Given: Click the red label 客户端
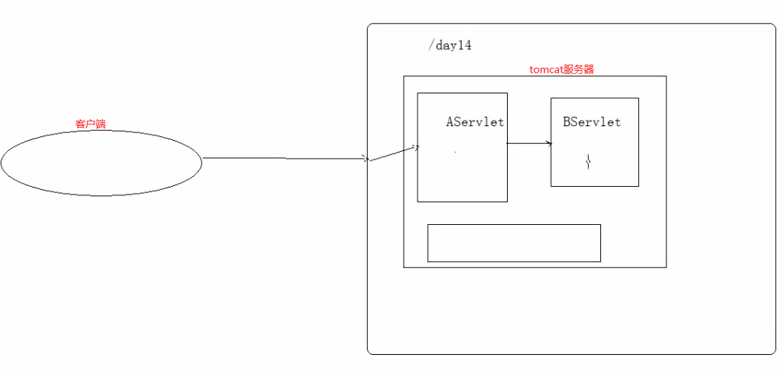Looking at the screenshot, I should click(90, 124).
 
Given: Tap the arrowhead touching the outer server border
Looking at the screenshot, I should click(365, 159).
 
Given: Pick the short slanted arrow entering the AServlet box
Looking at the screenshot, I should click(394, 153).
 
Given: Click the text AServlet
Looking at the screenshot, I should click(475, 122).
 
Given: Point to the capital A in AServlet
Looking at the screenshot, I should click(450, 122).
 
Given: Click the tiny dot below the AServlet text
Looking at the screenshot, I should click(456, 152).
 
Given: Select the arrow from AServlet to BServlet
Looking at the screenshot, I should click(529, 143).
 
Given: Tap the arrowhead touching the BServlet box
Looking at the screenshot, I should click(549, 143).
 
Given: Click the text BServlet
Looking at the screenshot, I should click(592, 122).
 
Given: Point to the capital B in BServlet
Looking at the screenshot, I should click(567, 122).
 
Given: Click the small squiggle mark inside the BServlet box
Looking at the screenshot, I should click(589, 162).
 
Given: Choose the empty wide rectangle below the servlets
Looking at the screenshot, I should click(514, 243).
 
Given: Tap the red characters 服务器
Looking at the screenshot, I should click(579, 69).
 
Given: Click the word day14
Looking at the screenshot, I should click(454, 45).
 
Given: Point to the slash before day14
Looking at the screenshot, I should click(431, 45).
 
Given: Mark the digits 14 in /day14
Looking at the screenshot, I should click(464, 45).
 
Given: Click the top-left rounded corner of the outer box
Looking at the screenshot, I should click(370, 26).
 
